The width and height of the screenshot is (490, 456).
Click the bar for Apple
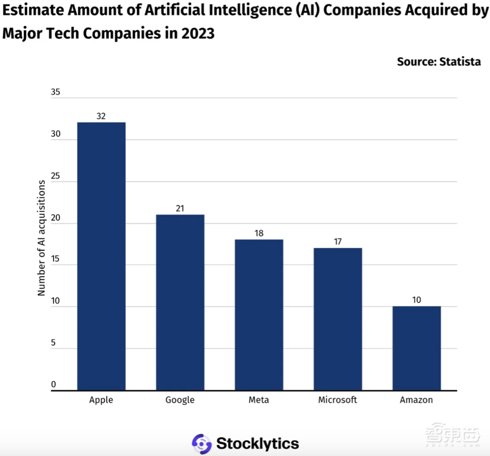click(x=101, y=256)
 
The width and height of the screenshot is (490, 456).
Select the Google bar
click(x=180, y=302)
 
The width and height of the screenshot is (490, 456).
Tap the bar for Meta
click(x=259, y=315)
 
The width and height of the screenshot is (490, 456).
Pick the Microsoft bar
click(x=338, y=319)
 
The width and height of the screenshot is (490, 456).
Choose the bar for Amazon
click(x=416, y=348)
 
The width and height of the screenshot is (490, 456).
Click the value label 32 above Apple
click(x=101, y=116)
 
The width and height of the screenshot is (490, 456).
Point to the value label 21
click(x=180, y=209)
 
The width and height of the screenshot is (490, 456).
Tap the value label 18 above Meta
click(x=259, y=234)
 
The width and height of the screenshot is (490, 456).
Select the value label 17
click(x=338, y=242)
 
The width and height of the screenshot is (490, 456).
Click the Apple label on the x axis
click(x=101, y=400)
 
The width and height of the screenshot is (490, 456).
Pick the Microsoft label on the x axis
click(x=338, y=400)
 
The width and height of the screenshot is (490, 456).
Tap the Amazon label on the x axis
click(x=416, y=400)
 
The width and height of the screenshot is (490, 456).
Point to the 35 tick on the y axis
click(x=55, y=93)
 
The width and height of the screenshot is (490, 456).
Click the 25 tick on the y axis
click(x=55, y=176)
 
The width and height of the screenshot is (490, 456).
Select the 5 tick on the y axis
click(x=53, y=343)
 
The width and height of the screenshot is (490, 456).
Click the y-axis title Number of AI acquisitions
click(x=42, y=238)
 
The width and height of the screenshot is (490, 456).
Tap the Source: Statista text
click(x=439, y=62)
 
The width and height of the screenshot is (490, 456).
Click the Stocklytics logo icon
click(x=201, y=443)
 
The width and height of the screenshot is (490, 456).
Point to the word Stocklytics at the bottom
click(x=257, y=444)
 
